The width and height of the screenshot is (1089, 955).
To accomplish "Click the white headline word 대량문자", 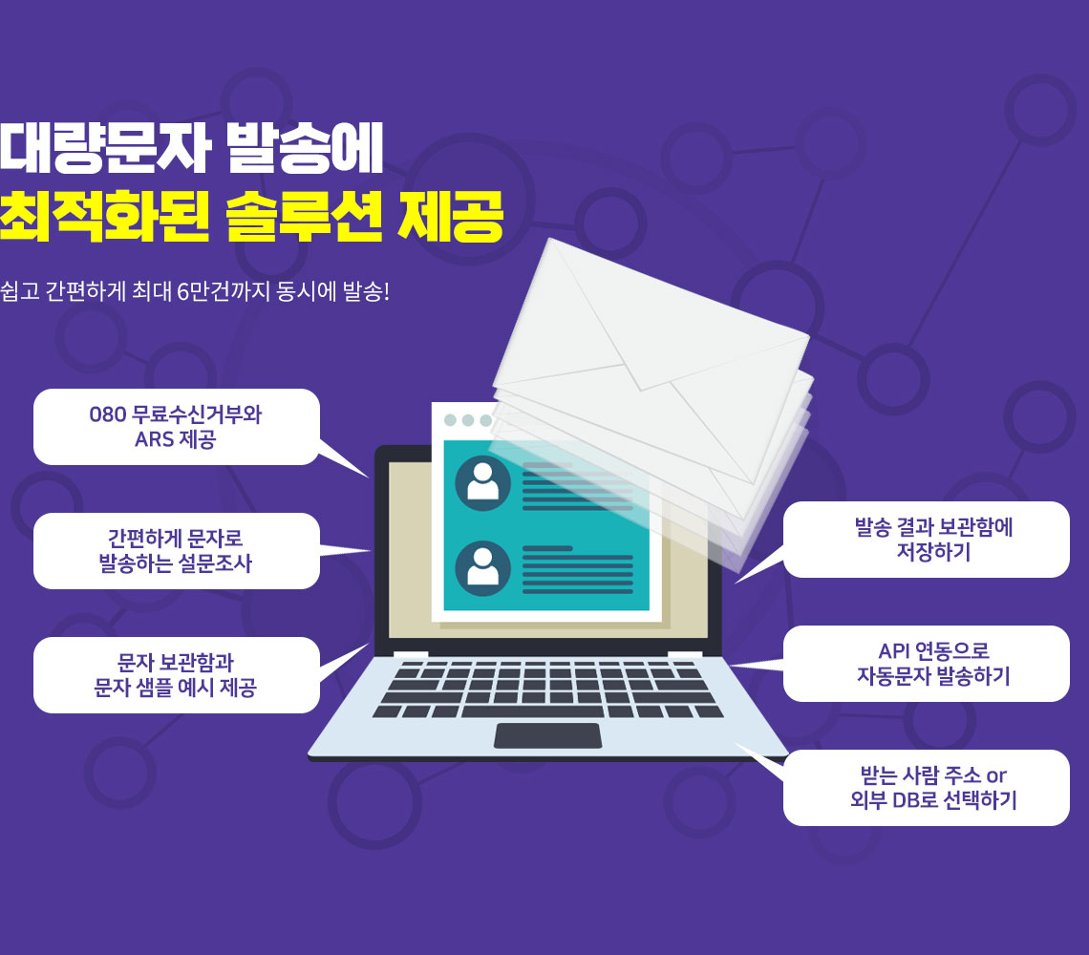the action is tap(104, 148).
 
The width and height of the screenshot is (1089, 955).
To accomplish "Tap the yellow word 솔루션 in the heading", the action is tap(304, 216).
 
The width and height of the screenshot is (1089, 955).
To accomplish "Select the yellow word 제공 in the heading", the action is tap(450, 216).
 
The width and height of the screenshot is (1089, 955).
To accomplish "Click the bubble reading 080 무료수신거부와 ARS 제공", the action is tap(177, 427).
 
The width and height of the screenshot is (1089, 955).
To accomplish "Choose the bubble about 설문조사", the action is tap(177, 551).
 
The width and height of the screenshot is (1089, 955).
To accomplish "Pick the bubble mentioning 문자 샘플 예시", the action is tap(177, 675).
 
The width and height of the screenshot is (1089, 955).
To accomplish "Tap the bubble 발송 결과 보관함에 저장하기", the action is tap(927, 540).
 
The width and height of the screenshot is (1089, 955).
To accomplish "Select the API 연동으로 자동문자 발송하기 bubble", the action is tap(927, 664).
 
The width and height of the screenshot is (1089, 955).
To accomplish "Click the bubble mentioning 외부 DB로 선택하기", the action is tap(927, 788).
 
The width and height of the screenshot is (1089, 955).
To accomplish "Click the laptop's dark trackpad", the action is tap(547, 735).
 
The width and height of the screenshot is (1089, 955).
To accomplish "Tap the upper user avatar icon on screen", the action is tap(482, 483).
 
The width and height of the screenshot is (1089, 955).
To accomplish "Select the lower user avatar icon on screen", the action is tap(482, 568).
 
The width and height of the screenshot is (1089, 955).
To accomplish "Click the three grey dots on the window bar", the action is tap(467, 420).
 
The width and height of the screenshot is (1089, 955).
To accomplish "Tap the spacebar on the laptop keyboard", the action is tap(533, 711).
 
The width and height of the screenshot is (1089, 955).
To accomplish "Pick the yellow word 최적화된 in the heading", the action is tap(104, 216).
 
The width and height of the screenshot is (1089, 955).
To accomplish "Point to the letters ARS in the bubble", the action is tap(154, 439).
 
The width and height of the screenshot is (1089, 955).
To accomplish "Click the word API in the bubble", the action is tap(894, 650).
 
